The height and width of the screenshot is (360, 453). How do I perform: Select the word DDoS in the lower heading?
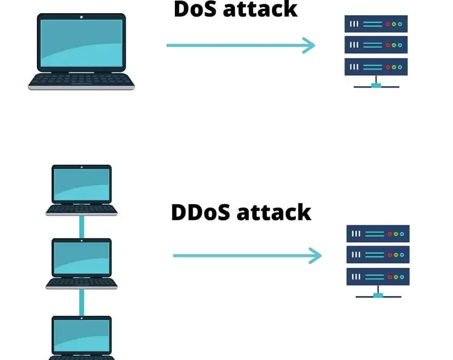[200, 212]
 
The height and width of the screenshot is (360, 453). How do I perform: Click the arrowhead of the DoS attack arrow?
[310, 45]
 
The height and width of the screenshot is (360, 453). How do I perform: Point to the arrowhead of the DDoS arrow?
[316, 255]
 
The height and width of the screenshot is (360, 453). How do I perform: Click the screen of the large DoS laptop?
[82, 42]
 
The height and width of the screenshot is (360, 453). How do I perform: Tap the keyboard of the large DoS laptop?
[82, 80]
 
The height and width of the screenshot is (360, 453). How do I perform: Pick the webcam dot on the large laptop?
[82, 17]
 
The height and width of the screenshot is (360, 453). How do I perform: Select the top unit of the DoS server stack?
[376, 24]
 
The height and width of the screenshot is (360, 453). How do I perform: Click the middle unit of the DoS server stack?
[376, 45]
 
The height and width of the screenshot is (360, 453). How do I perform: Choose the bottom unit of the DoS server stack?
[376, 67]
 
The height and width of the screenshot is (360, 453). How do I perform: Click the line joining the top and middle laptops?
[82, 227]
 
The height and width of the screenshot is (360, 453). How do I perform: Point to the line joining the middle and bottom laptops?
[82, 302]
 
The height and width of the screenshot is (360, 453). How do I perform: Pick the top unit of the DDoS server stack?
[378, 234]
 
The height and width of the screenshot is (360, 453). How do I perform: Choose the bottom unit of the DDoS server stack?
[378, 277]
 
